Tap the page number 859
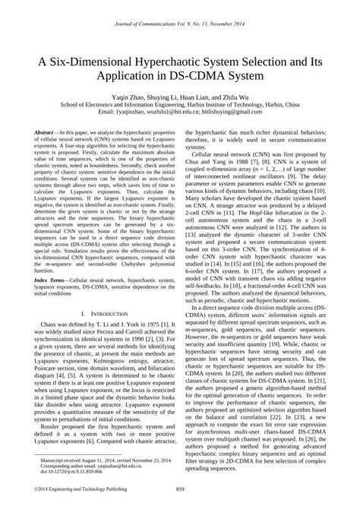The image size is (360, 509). [180, 488]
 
